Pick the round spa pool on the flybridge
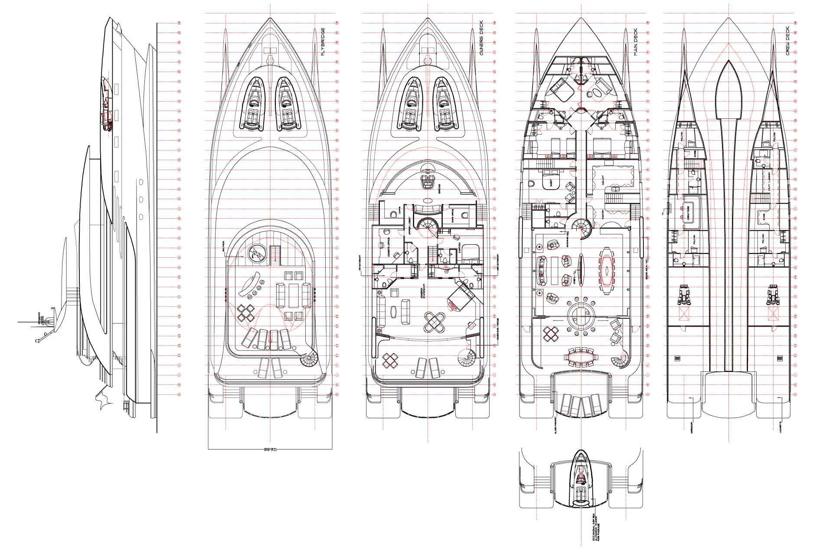[x=257, y=253]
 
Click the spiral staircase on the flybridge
[x=310, y=358]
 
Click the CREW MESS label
[x=689, y=215]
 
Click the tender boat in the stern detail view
[x=581, y=482]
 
